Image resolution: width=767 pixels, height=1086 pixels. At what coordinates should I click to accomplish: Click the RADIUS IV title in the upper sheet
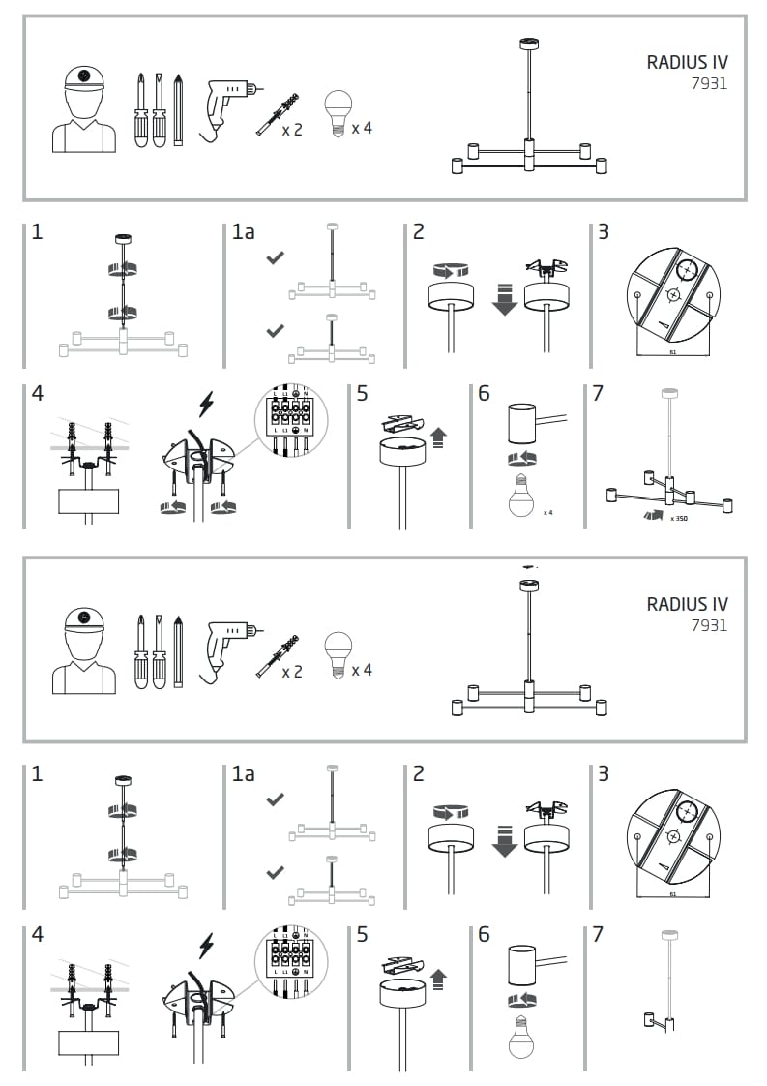[687, 62]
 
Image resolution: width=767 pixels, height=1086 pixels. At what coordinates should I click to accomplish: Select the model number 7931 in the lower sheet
[709, 625]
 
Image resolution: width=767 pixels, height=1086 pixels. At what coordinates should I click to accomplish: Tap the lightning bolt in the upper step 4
[205, 403]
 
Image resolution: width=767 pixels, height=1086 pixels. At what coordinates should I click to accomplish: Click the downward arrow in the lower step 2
[504, 841]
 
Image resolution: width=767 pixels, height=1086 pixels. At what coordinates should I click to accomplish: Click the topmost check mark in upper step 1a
[276, 258]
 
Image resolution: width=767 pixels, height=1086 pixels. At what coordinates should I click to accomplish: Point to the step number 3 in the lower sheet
[604, 774]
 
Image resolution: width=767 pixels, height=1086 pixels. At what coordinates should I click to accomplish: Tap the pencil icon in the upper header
[178, 109]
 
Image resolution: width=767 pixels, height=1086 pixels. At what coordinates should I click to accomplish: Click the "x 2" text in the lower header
[291, 672]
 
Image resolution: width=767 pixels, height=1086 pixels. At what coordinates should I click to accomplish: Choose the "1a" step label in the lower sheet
[243, 774]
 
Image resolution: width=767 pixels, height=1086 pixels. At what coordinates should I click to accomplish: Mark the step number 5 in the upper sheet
[363, 394]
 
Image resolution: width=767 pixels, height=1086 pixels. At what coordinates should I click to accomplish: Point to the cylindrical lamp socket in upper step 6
[522, 423]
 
